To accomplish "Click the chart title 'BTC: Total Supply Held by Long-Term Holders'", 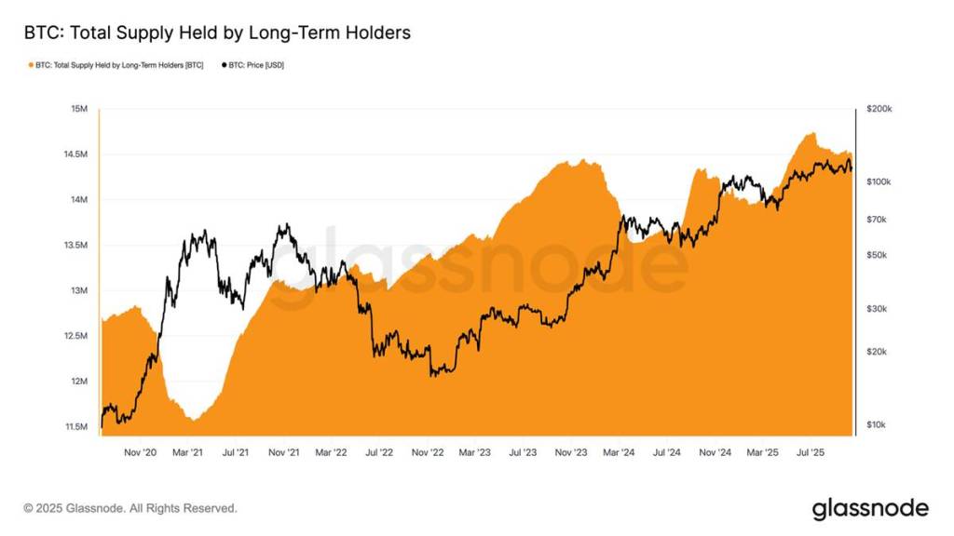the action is coord(217,33).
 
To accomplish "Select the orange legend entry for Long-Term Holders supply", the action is coord(116,65).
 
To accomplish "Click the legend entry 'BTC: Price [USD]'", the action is coord(253,65).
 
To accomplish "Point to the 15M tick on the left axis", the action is coord(79,109).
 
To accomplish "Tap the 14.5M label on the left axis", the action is coord(75,154).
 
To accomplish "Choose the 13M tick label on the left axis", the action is coord(79,290).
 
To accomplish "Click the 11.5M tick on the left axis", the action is coord(76,426).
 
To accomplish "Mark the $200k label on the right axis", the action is coord(879,109).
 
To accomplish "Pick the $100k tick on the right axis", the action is coord(879,181).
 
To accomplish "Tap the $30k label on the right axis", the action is coord(877,309).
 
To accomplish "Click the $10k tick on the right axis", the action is coord(876,424).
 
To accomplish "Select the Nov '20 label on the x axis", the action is coord(140,453).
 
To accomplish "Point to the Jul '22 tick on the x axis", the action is coord(379,453).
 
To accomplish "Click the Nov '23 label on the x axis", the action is coord(571,453).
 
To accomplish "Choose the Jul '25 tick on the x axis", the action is coord(811,453).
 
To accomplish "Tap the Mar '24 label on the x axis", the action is coord(619,453).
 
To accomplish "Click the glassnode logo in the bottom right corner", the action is coord(871,509).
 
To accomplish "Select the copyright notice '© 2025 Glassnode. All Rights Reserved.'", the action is coord(130,508).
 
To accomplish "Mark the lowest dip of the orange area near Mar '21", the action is coord(194,420).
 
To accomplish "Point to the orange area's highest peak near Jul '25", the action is coord(812,133).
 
